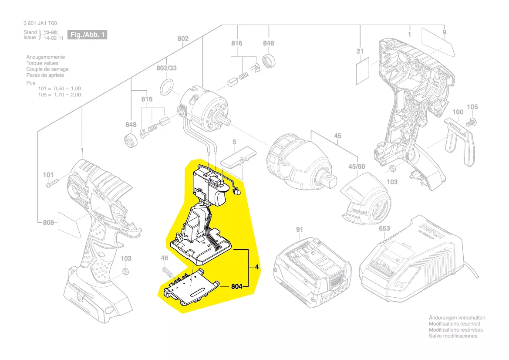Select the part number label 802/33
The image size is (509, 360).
166,68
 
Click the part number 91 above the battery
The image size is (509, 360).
299,229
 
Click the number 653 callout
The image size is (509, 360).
384,229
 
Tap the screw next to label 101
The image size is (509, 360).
52,184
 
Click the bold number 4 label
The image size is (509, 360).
257,267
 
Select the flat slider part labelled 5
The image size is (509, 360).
239,158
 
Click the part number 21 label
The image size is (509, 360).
360,51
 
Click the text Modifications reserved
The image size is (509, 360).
455,324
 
